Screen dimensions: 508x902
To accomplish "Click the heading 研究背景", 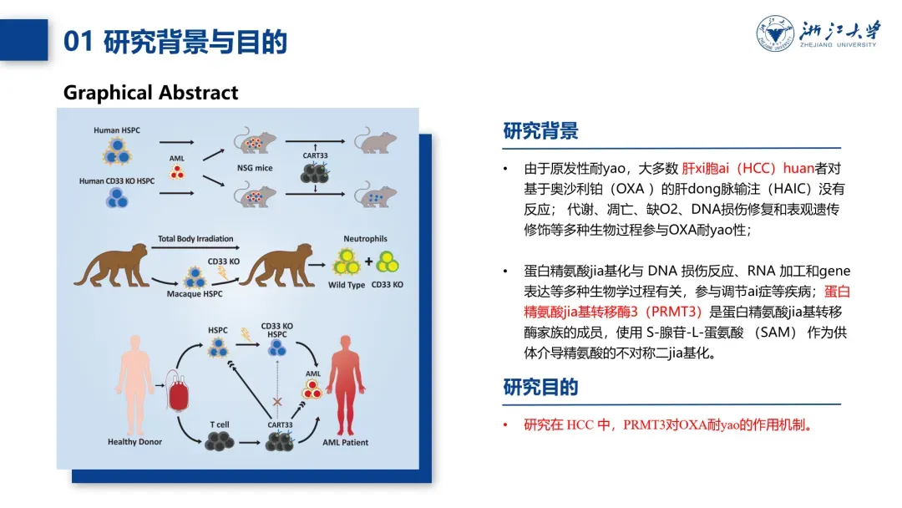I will [540, 131].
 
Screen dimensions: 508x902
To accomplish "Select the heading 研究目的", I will [540, 388].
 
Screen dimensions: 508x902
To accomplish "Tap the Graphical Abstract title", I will [150, 93].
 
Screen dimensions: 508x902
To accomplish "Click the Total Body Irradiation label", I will [195, 239].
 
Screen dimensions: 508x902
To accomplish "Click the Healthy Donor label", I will [134, 442].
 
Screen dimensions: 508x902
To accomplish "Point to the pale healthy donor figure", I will [134, 384].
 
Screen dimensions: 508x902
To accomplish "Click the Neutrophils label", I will [365, 239].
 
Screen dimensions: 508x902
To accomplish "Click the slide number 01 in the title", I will [78, 42].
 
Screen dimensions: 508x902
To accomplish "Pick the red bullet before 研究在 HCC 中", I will [505, 425].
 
